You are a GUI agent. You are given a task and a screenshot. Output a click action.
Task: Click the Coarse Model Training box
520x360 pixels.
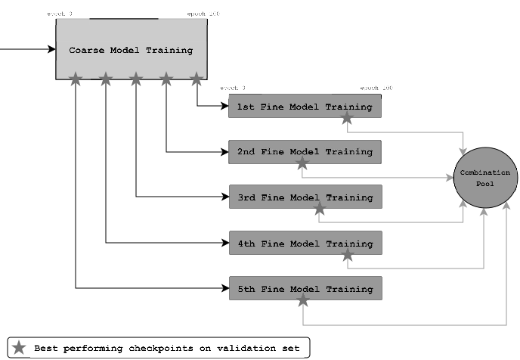132,49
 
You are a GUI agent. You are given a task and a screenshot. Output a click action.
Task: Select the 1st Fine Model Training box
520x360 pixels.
305,107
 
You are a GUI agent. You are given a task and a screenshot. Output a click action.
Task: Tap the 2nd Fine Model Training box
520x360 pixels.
305,152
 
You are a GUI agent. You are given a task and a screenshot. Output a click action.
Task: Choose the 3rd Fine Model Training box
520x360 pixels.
305,197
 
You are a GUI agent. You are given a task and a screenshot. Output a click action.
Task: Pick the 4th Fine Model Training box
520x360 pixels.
305,244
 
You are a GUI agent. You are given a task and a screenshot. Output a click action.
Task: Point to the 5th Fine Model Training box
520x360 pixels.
305,289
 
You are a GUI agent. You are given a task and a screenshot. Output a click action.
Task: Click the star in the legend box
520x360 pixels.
20,348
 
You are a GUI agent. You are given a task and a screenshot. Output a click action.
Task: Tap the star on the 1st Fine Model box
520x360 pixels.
347,118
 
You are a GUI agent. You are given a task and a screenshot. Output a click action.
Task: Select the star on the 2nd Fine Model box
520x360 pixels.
302,163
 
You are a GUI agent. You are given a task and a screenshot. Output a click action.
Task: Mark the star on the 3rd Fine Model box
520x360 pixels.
320,209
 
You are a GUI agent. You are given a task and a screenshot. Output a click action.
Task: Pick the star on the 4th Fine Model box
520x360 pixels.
347,255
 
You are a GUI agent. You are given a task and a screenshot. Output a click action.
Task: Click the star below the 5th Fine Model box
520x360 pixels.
302,300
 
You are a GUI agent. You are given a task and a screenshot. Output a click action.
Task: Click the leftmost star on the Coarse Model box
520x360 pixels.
76,78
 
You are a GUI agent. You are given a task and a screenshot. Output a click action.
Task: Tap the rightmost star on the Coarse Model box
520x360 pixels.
197,78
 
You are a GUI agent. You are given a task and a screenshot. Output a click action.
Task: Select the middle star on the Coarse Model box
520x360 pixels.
136,78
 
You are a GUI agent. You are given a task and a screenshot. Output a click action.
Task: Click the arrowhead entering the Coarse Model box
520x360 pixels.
52,50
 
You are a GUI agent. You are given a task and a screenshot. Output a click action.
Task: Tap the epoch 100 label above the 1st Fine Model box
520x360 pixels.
376,89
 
